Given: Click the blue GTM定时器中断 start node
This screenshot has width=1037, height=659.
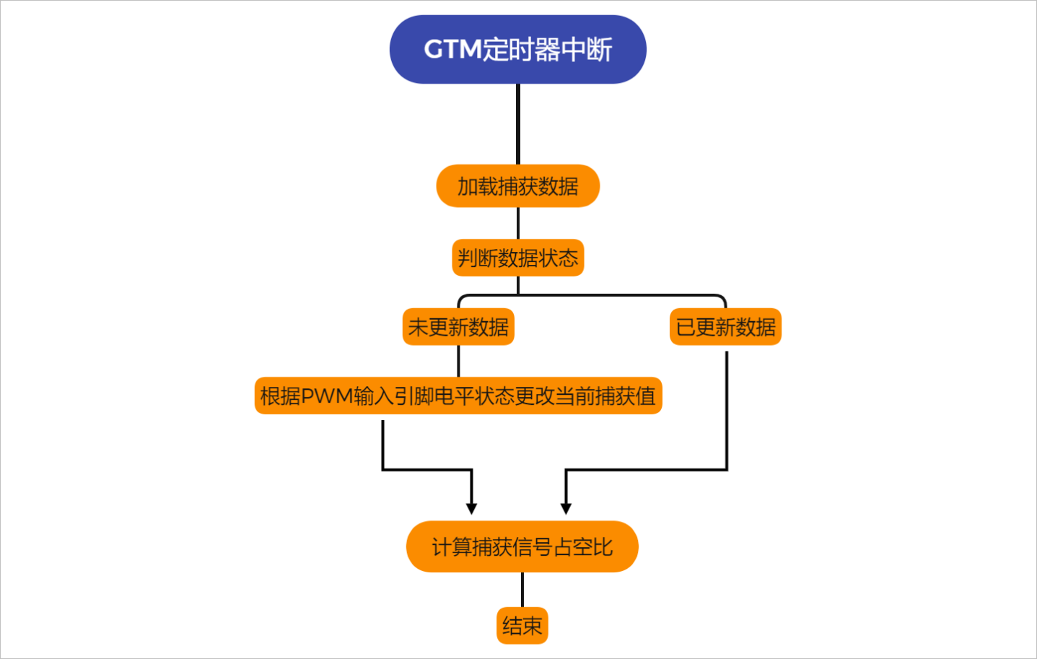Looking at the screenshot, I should point(517,49).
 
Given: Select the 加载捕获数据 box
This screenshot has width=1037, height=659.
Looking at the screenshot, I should point(517,186).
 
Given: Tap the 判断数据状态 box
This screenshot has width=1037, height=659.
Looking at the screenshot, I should point(517,258).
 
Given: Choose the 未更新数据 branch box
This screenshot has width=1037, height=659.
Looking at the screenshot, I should point(458,327).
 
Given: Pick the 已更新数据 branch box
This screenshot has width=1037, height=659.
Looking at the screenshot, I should point(725,327).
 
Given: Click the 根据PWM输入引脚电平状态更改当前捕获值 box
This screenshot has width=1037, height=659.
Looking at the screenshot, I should point(458,396).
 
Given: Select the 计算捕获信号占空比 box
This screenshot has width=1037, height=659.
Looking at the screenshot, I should point(522,547).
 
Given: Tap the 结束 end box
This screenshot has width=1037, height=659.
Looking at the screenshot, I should point(522,626).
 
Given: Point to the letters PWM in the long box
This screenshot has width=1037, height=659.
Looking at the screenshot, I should point(327,396).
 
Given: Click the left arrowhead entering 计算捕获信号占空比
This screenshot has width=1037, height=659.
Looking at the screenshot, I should point(471,508).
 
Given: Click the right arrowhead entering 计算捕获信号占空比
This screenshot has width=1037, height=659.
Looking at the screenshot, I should point(566,508).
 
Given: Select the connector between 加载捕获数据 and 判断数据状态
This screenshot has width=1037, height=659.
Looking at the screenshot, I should point(518,223).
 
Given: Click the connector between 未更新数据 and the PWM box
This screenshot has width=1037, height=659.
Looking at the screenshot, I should point(458,361).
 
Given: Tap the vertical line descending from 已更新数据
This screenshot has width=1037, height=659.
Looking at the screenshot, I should point(726,411).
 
